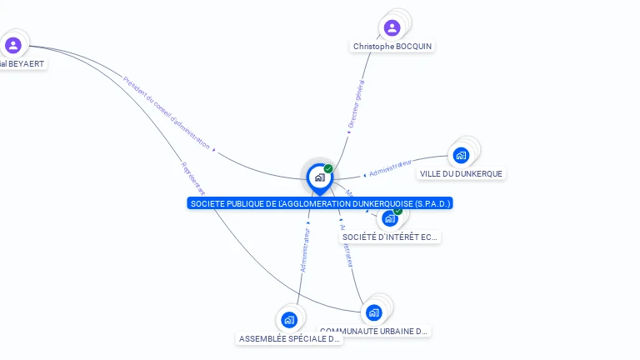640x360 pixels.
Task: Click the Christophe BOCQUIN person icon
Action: pyautogui.click(x=392, y=27)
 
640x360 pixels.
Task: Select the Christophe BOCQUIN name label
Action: pyautogui.click(x=392, y=47)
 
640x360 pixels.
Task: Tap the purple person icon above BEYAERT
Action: pyautogui.click(x=12, y=45)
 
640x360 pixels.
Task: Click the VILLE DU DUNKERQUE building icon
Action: pyautogui.click(x=461, y=155)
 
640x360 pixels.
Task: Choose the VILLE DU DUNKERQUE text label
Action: pyautogui.click(x=461, y=173)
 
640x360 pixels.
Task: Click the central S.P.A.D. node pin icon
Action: pyautogui.click(x=318, y=177)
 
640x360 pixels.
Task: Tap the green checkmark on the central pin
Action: pyautogui.click(x=328, y=168)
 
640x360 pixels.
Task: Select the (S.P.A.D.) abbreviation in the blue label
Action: pyautogui.click(x=432, y=203)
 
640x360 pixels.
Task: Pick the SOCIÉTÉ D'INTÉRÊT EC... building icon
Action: pyautogui.click(x=390, y=219)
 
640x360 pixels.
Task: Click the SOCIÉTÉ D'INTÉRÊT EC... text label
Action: pyautogui.click(x=390, y=237)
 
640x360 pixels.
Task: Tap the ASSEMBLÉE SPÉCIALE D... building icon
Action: pyautogui.click(x=289, y=320)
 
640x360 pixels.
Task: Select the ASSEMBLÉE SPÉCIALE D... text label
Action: pyautogui.click(x=289, y=339)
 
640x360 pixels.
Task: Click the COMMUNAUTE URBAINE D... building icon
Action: pyautogui.click(x=373, y=312)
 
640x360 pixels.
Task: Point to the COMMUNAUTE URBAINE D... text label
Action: pyautogui.click(x=374, y=331)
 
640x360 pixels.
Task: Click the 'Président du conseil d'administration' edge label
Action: pyautogui.click(x=166, y=112)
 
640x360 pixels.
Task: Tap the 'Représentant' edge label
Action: pyautogui.click(x=192, y=177)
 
